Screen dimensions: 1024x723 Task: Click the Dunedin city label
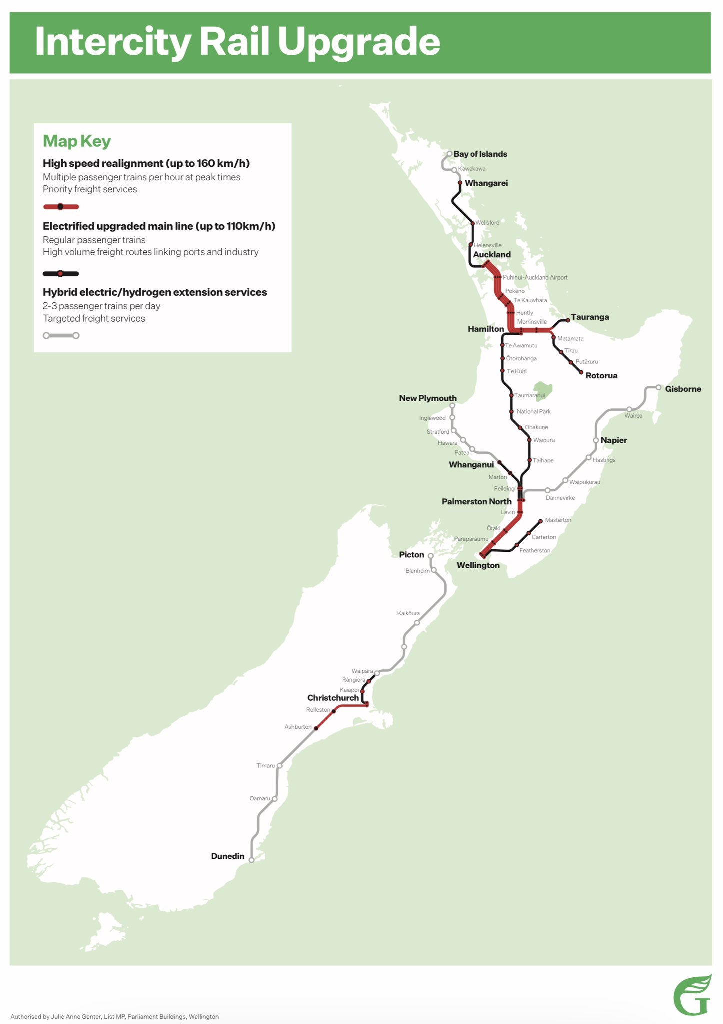(228, 856)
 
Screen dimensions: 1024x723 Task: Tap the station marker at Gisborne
(658, 387)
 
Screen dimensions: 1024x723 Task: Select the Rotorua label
(601, 375)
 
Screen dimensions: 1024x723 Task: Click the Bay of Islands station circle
(449, 154)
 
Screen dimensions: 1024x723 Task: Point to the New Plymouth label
(428, 398)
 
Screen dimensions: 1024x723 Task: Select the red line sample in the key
(61, 206)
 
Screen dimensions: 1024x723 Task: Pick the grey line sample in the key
(61, 335)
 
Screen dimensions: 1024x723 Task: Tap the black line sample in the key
(61, 273)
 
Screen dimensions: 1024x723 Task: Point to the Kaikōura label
(408, 613)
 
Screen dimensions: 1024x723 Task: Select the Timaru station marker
(280, 765)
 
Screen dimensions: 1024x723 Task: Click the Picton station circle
(430, 555)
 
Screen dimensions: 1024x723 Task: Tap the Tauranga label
(590, 317)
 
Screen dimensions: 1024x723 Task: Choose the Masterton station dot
(541, 521)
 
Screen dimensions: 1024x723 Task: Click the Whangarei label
(486, 183)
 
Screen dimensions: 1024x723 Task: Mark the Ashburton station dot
(316, 728)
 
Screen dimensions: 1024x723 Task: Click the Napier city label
(613, 440)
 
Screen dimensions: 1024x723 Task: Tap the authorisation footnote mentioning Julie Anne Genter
(114, 1016)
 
